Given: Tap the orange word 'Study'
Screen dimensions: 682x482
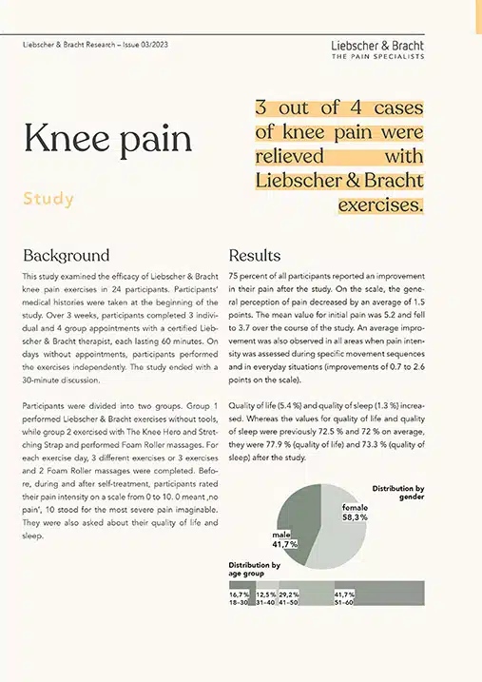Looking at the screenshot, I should click(x=48, y=200).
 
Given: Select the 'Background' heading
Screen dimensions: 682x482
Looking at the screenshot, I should click(x=66, y=256).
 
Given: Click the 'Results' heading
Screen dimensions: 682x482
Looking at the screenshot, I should click(x=255, y=256).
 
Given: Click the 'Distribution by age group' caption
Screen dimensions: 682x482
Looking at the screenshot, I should click(x=255, y=570).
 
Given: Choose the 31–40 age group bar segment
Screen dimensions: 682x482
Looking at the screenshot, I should click(x=265, y=596).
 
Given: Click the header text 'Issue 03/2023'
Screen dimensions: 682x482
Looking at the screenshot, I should click(x=145, y=46).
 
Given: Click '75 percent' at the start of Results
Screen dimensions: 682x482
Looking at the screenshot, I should click(x=253, y=276).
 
